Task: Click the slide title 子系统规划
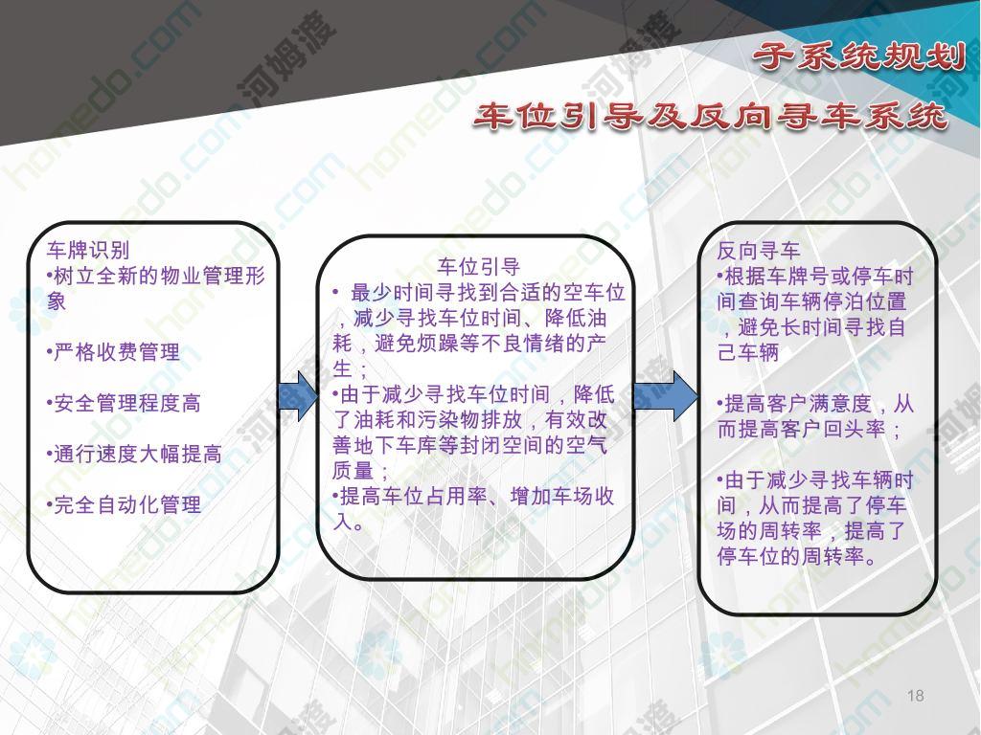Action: [859, 56]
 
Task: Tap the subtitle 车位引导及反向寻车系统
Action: [710, 117]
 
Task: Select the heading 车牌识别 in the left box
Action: [88, 251]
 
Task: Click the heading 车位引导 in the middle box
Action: [479, 267]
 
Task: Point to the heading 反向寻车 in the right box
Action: [759, 251]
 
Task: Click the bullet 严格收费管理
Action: [113, 352]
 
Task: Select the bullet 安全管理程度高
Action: [124, 403]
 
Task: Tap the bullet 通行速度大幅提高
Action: [134, 455]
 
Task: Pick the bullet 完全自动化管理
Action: [124, 505]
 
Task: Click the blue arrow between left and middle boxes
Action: [299, 395]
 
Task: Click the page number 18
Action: [915, 696]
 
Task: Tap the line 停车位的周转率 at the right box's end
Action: [790, 556]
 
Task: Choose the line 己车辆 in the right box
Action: [748, 352]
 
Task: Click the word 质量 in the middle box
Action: [354, 471]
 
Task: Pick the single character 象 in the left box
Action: [57, 301]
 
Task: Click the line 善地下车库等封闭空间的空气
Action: [469, 446]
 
